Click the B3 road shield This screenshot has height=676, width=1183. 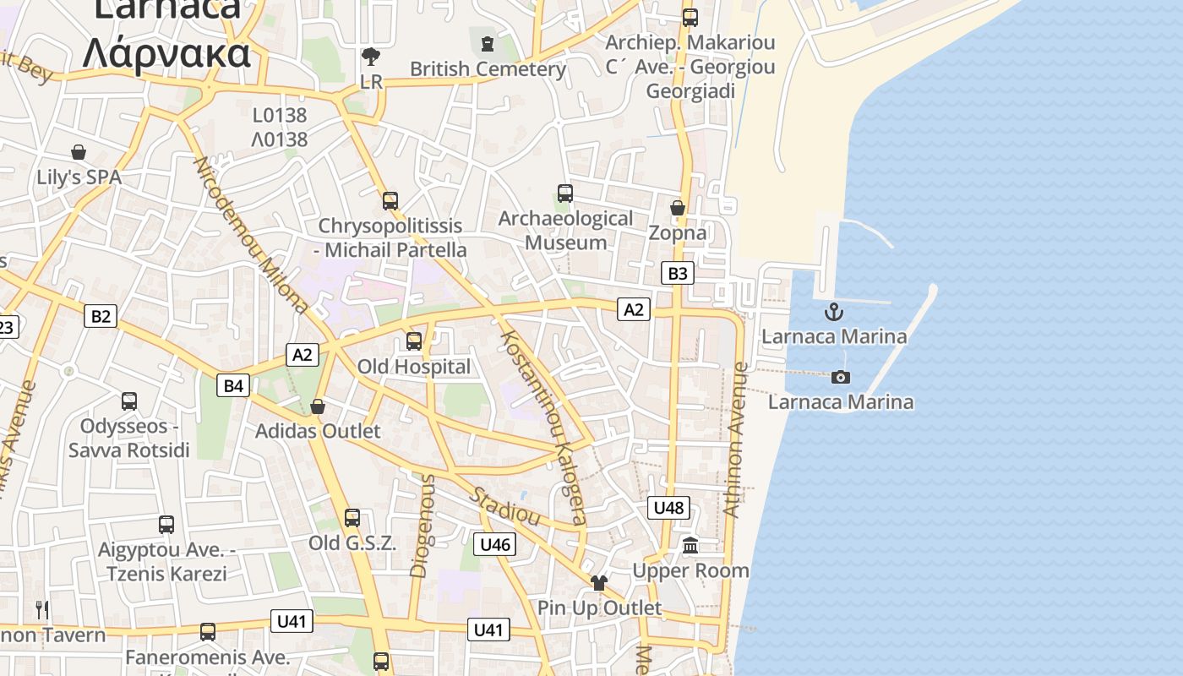(x=678, y=273)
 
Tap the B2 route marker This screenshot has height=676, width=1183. (x=101, y=316)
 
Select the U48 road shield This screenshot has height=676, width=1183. (x=668, y=507)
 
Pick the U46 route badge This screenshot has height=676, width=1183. (x=495, y=544)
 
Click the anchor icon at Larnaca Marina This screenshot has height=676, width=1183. (x=834, y=312)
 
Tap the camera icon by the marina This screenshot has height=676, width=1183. (x=841, y=377)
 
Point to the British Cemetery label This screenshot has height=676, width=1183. (x=488, y=69)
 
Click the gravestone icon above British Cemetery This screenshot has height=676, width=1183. (x=487, y=43)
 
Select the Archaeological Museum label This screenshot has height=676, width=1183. (x=565, y=230)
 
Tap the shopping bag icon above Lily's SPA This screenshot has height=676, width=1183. (x=79, y=152)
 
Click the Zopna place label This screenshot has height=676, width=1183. (x=678, y=232)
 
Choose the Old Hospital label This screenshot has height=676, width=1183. (x=414, y=367)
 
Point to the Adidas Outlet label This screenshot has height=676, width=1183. (x=318, y=431)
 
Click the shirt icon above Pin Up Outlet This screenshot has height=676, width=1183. (x=599, y=582)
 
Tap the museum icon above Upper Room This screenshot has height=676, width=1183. (x=690, y=545)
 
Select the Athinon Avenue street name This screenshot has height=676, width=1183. (x=734, y=439)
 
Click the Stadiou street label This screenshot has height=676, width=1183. (x=504, y=504)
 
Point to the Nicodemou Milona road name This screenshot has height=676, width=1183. (x=251, y=234)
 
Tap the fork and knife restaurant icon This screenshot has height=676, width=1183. (x=42, y=609)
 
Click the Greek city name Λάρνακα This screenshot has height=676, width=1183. (x=167, y=52)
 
